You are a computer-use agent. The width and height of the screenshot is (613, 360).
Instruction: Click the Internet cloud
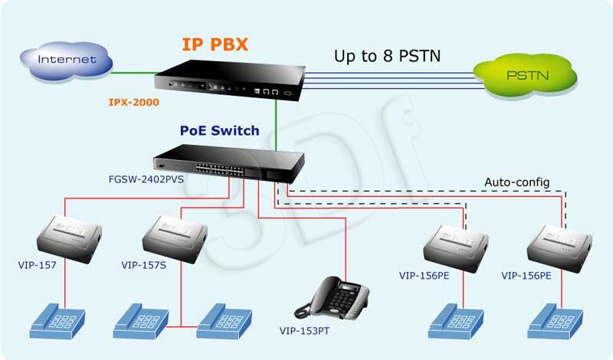tap(66, 61)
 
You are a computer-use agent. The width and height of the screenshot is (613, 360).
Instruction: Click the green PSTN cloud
tap(526, 76)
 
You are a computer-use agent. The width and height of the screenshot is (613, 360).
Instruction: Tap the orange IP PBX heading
tap(215, 44)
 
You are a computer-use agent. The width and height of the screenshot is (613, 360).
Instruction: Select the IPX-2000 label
tap(133, 103)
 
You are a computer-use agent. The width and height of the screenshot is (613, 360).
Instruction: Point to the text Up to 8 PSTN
tap(387, 56)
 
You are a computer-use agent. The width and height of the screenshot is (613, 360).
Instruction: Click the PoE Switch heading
tap(219, 130)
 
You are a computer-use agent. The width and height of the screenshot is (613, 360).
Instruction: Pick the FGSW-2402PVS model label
tap(146, 179)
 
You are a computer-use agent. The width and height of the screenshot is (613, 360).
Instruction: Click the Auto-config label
tap(516, 182)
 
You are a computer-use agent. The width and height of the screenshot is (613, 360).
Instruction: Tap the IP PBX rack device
tap(229, 80)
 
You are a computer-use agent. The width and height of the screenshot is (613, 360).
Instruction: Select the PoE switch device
tap(229, 163)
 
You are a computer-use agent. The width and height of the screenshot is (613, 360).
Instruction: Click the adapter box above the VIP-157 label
tap(70, 238)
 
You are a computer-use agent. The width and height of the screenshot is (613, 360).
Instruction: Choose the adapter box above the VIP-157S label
tap(175, 238)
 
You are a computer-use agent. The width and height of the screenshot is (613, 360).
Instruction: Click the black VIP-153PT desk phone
tap(332, 297)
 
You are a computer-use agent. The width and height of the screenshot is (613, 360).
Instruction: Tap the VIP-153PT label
tap(304, 331)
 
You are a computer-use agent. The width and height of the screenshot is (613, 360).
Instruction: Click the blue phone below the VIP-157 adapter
tap(57, 320)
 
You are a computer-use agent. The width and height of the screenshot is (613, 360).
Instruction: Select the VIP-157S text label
tap(143, 265)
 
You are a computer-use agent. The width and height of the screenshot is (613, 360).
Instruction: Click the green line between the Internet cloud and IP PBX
tap(135, 72)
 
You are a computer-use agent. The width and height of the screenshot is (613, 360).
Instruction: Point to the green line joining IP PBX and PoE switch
tap(276, 126)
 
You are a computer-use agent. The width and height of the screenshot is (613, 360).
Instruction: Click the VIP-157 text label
tap(37, 265)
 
